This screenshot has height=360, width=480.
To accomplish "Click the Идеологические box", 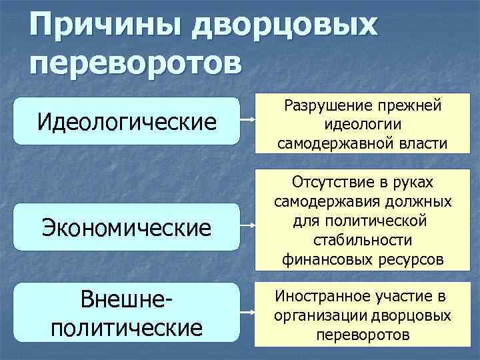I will (128, 121).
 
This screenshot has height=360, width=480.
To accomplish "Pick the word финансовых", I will (323, 259).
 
